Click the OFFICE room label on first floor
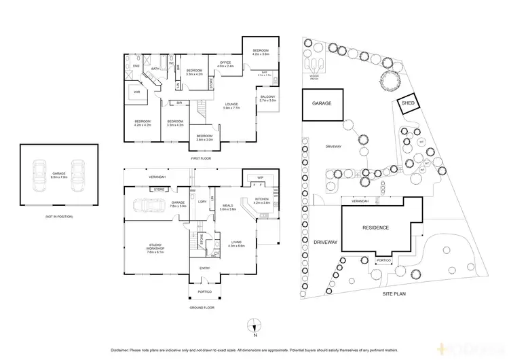pos(226,64)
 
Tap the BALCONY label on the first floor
pos(267,98)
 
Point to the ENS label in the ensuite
pos(136,66)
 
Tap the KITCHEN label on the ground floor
pos(261,200)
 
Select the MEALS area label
pos(227,207)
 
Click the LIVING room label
pos(235,243)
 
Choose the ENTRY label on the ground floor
pos(205,268)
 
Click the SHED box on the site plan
pos(408,103)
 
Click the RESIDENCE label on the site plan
pos(375,228)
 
